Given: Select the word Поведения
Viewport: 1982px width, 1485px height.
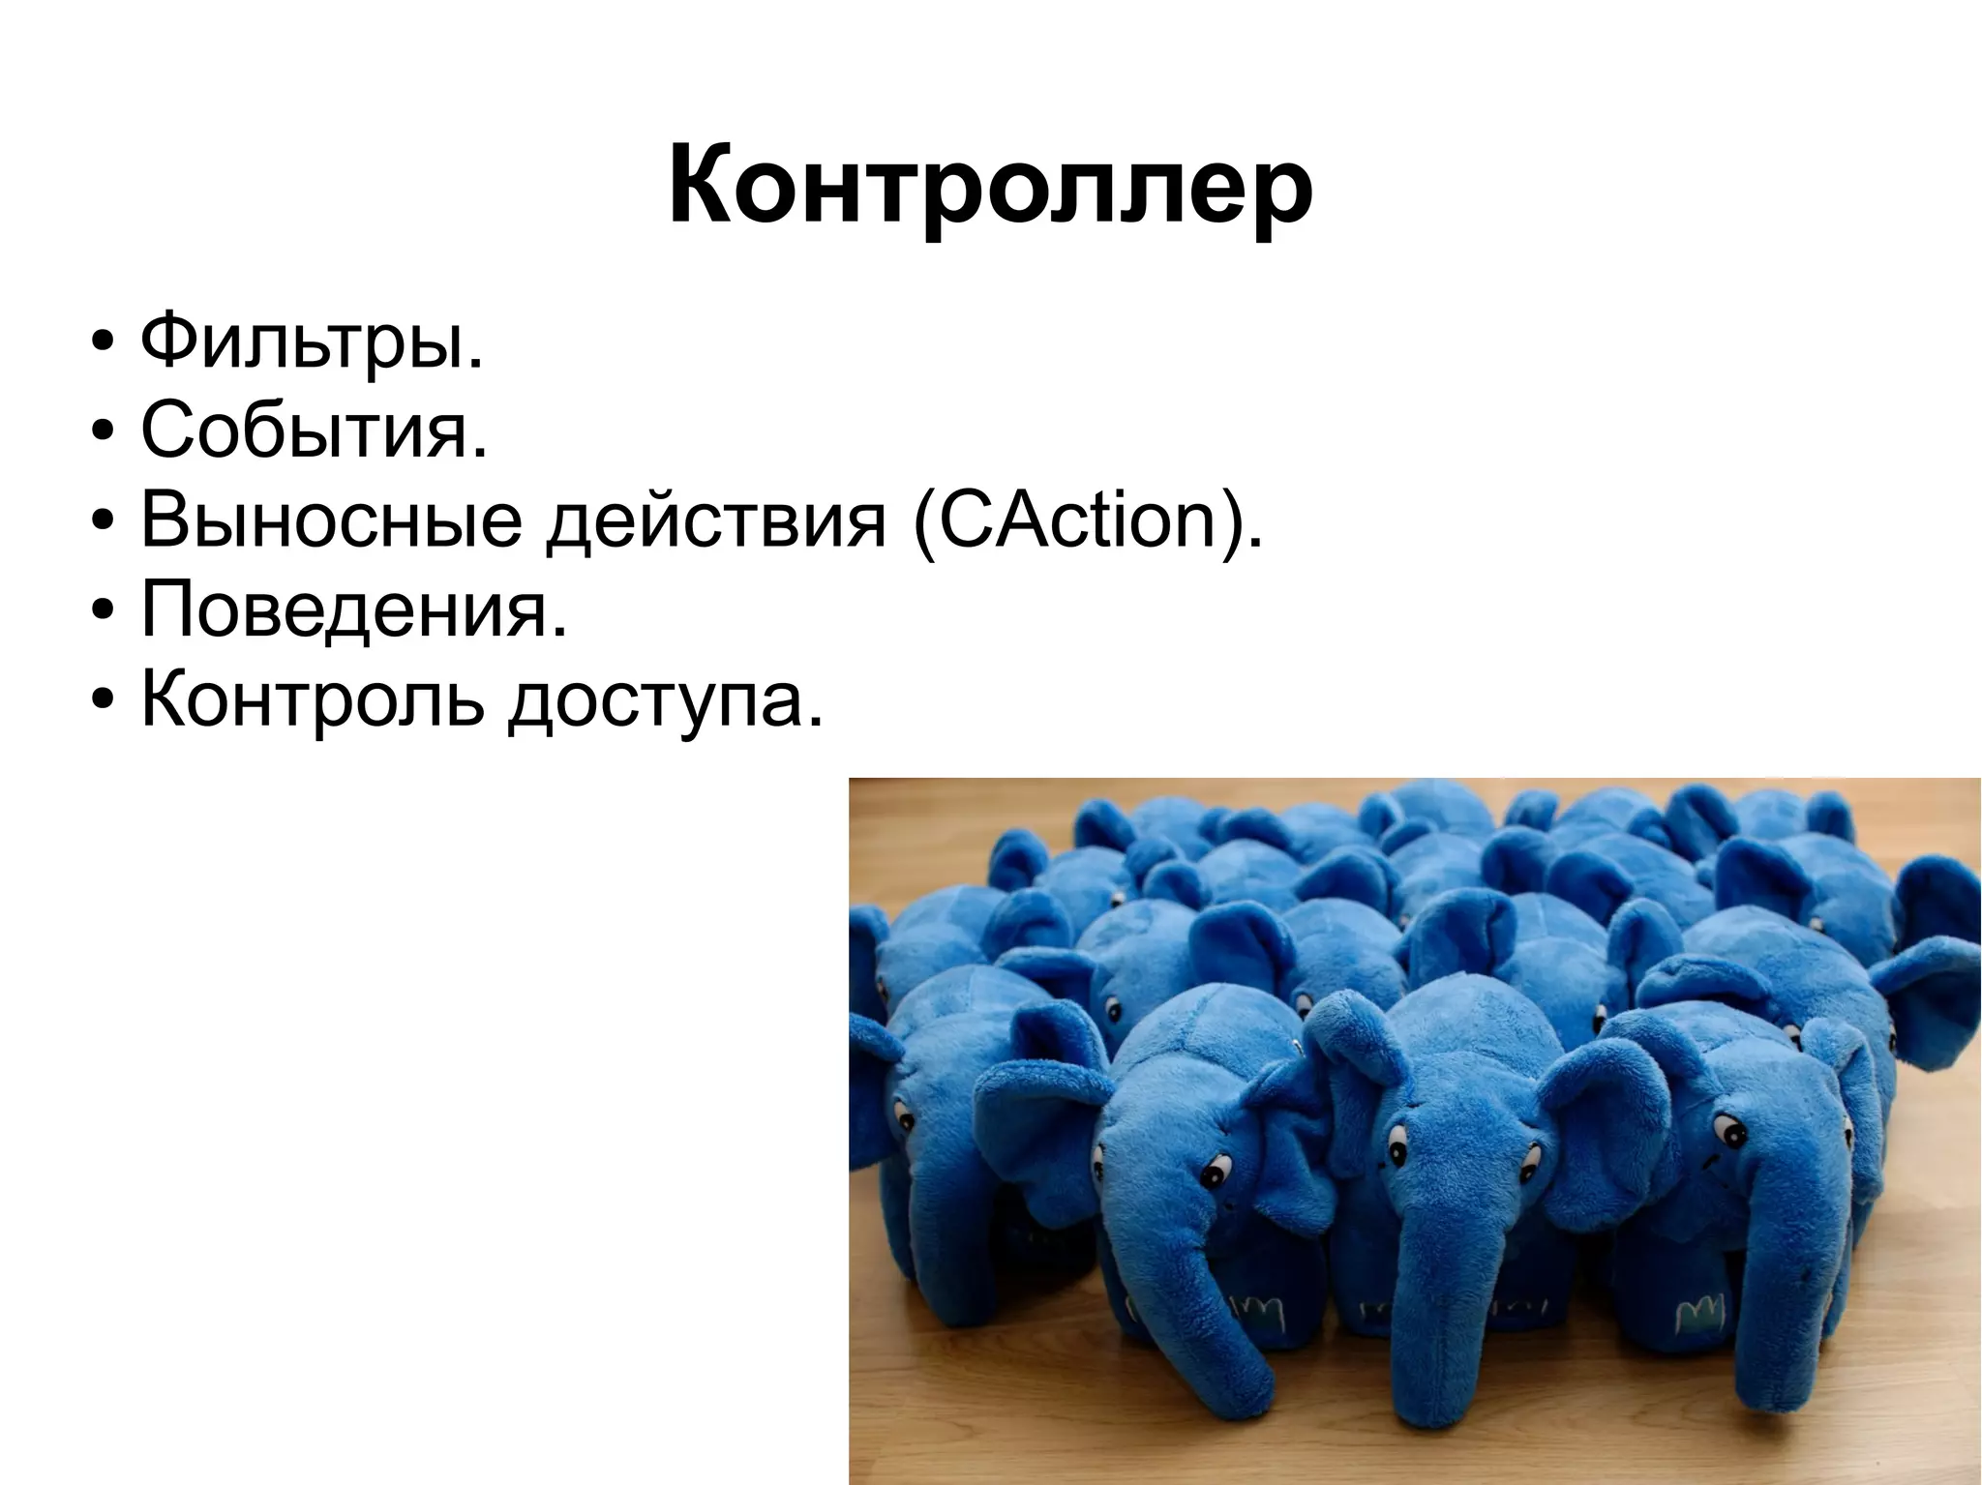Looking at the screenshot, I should click(353, 609).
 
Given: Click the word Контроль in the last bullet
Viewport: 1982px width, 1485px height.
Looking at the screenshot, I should click(311, 698).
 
